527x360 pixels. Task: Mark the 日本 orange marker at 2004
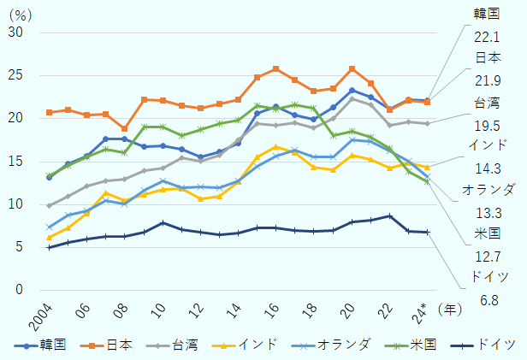point(49,112)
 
